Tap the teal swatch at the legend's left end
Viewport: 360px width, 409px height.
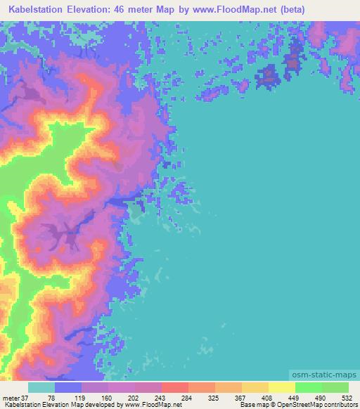(x=41, y=388)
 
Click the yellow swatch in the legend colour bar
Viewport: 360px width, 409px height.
(x=281, y=388)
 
